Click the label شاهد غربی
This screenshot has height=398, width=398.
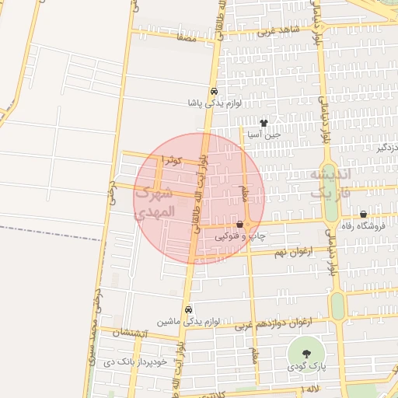[278, 32]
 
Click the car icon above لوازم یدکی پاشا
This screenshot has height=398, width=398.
[214, 89]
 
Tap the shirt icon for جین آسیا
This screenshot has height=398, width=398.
[264, 122]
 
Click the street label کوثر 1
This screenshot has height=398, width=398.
[172, 160]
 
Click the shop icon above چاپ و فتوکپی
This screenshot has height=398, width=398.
[239, 224]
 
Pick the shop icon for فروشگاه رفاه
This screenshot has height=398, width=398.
[363, 214]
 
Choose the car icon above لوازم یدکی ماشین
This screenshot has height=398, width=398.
[189, 308]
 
